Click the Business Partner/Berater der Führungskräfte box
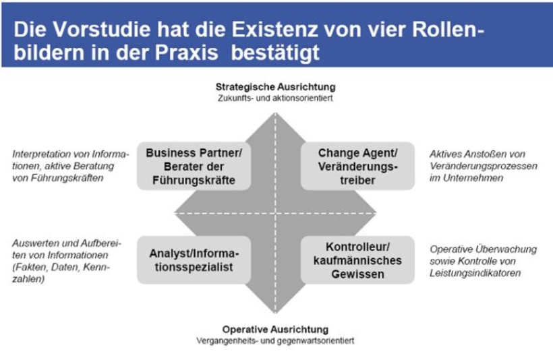[194, 167]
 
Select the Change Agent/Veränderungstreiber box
[357, 167]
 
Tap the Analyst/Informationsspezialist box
[194, 260]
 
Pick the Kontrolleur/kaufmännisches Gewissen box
[357, 260]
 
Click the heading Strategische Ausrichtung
[275, 87]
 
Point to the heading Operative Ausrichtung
[275, 330]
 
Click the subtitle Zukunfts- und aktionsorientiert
[275, 98]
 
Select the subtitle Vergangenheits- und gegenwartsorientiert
[275, 340]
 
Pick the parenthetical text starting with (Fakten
[57, 267]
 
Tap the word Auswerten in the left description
[34, 243]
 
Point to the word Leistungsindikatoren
[475, 273]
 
